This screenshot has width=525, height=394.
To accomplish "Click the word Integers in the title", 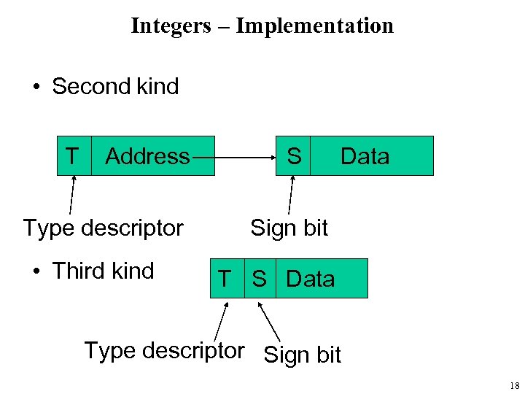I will point(170,26).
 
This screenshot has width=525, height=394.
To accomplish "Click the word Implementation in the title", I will point(314,26).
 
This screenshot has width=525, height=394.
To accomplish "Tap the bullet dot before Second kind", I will point(36,88).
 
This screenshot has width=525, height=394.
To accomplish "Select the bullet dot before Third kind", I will point(36,272).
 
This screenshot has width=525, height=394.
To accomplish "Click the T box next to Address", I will point(74,156).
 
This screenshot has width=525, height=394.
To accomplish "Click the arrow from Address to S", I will point(244,155).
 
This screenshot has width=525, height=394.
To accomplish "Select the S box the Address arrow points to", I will point(293,156).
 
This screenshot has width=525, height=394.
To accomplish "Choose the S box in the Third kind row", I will point(260,279).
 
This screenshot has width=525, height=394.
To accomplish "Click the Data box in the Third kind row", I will point(321,279).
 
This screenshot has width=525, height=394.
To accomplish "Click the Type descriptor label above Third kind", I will point(103,228).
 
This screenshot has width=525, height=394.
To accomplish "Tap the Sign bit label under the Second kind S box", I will point(289,228).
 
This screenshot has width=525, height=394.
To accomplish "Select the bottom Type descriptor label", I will point(164,351).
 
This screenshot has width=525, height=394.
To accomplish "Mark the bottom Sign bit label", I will point(302,355).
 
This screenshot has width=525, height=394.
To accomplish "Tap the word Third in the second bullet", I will point(79,271).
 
